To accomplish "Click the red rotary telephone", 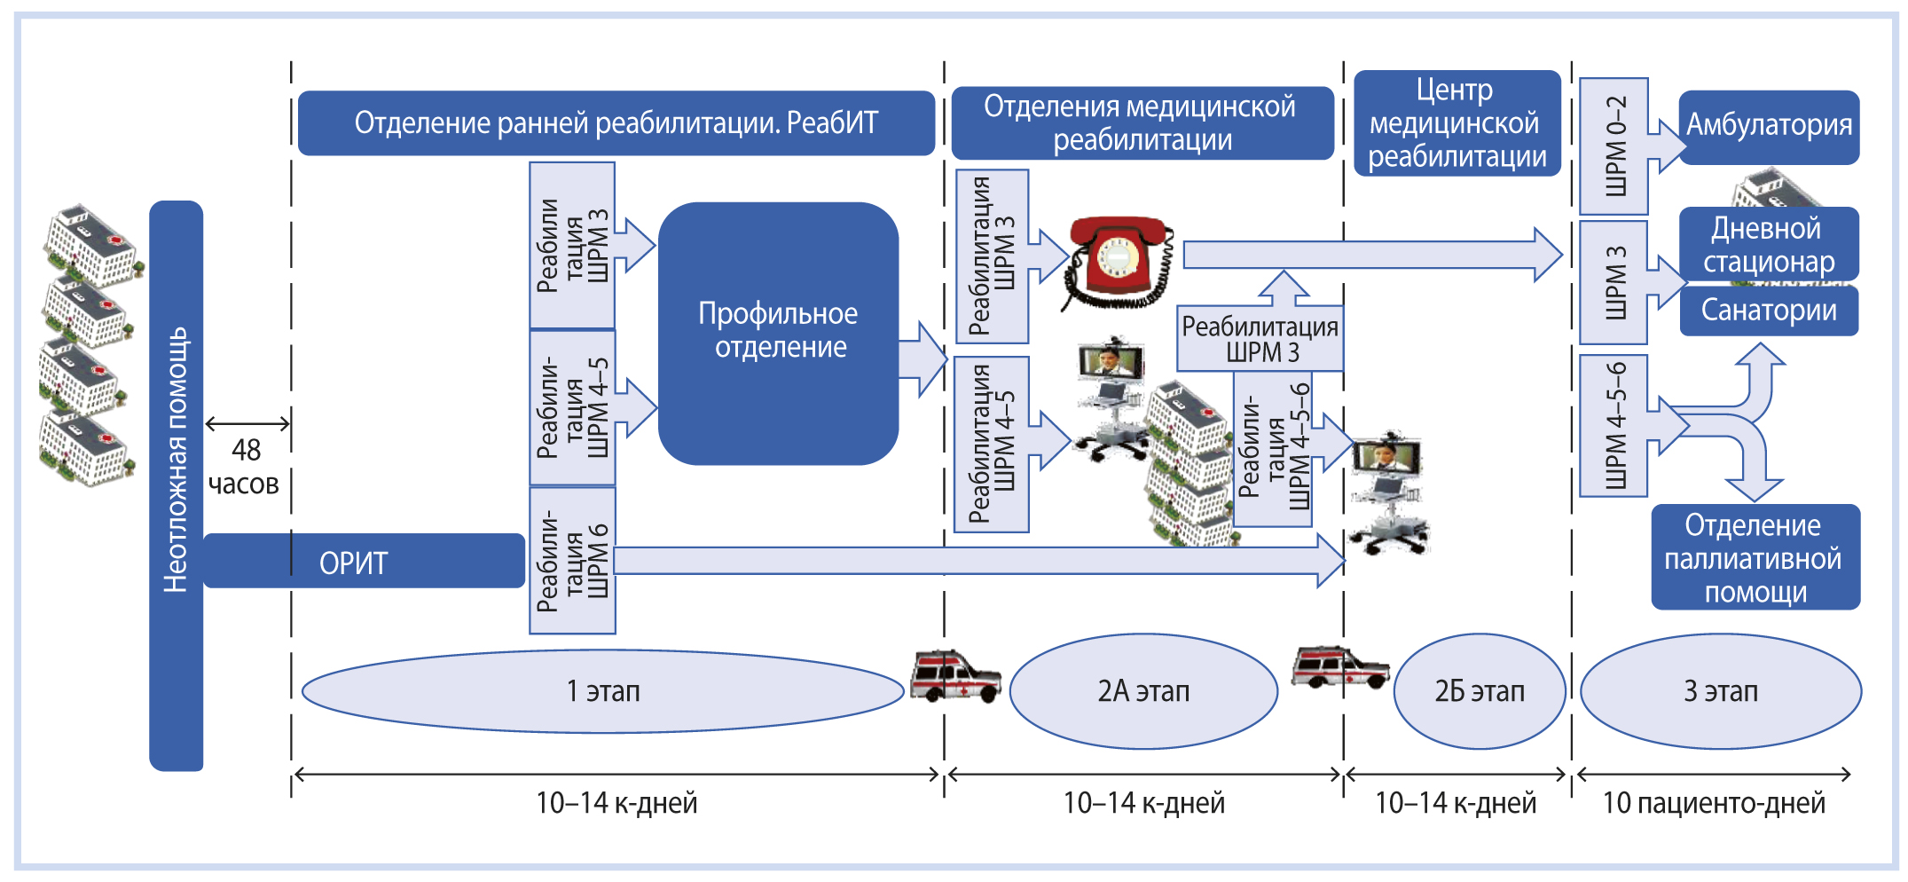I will [x=1118, y=261].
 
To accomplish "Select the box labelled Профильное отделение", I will [x=779, y=332].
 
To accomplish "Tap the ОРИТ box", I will [x=364, y=562].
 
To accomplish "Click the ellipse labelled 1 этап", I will [x=603, y=691].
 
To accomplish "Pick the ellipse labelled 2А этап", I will [x=1143, y=691].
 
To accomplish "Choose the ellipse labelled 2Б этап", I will [x=1480, y=691].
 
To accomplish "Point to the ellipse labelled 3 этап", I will [x=1721, y=691].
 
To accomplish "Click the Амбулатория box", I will [x=1769, y=126].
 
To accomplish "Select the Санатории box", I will [x=1769, y=311].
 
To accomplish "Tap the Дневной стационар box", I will [x=1769, y=244].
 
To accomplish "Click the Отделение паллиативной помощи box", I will [x=1755, y=558].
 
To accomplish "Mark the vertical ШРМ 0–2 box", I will [x=1614, y=146].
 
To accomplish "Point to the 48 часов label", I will [x=245, y=467].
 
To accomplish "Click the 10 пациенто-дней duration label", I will [x=1714, y=803].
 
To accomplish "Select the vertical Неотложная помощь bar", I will [x=176, y=485].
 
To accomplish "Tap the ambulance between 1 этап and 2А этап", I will [x=955, y=677].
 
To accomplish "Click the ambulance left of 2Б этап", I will [x=1339, y=668].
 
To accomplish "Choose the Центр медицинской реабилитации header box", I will [x=1457, y=123].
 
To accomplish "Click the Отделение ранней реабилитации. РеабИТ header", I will [x=616, y=123].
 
